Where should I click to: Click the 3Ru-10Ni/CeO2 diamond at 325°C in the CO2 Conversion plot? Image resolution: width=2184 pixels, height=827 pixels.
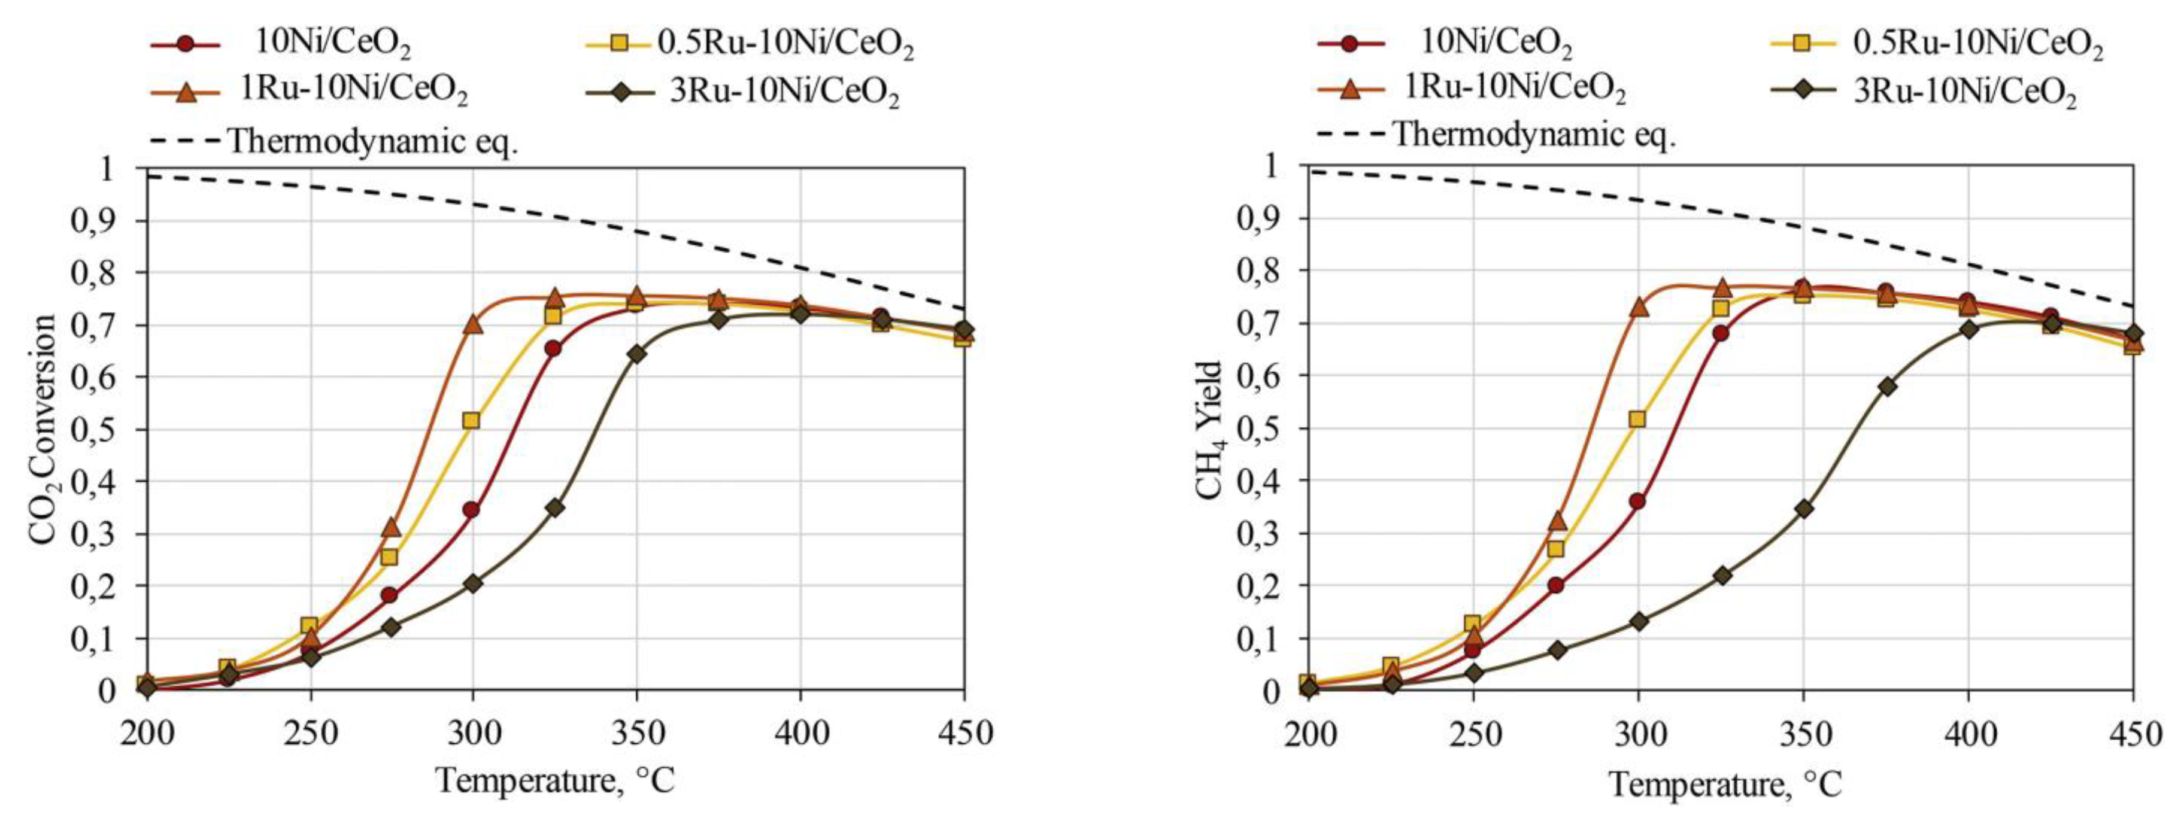pyautogui.click(x=554, y=507)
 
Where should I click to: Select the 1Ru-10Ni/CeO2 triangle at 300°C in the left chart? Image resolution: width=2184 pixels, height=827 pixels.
pyautogui.click(x=472, y=324)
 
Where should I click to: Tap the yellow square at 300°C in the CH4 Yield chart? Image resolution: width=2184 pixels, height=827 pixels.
pyautogui.click(x=1637, y=419)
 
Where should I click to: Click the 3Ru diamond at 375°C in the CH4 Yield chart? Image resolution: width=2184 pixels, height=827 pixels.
pyautogui.click(x=1886, y=387)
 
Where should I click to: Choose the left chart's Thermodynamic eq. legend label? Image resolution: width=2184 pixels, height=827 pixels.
pyautogui.click(x=373, y=140)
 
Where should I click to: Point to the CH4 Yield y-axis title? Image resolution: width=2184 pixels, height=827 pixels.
pyautogui.click(x=1209, y=430)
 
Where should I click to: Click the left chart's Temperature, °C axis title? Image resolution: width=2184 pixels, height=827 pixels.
pyautogui.click(x=556, y=780)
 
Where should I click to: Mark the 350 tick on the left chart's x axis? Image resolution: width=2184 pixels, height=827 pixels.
pyautogui.click(x=636, y=731)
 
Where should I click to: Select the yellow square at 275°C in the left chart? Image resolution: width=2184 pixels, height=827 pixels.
pyautogui.click(x=389, y=557)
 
